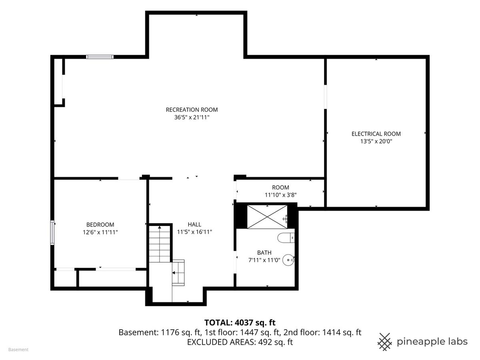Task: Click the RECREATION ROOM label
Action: click(x=192, y=110)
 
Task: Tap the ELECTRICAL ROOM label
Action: click(x=376, y=134)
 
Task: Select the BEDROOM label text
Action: click(x=100, y=224)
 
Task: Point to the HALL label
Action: click(x=194, y=224)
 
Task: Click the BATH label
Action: click(x=264, y=253)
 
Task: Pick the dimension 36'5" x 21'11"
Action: click(x=192, y=117)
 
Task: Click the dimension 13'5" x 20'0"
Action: click(x=376, y=141)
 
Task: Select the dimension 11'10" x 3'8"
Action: click(x=280, y=195)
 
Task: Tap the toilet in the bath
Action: click(x=286, y=238)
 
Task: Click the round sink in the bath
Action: click(x=288, y=260)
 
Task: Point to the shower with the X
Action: click(x=267, y=217)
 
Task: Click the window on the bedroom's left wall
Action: click(x=52, y=232)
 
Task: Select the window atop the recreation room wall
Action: click(x=100, y=57)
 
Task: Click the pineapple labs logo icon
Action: click(x=385, y=342)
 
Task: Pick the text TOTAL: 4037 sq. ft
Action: click(x=240, y=323)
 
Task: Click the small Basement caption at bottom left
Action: click(x=18, y=350)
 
